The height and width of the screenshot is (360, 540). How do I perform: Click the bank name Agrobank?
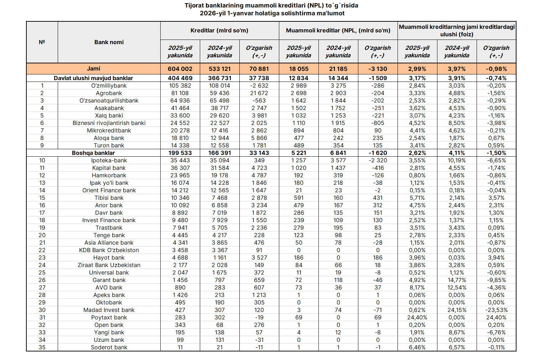click(109, 93)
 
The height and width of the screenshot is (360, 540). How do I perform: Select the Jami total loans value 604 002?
click(180, 69)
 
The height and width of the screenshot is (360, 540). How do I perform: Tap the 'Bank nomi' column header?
click(109, 42)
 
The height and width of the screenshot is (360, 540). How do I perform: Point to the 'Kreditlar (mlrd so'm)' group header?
click(219, 30)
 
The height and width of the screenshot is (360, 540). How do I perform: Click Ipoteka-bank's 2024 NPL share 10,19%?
click(457, 160)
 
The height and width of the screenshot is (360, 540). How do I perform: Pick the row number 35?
click(42, 347)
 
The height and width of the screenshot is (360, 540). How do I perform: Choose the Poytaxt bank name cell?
click(109, 317)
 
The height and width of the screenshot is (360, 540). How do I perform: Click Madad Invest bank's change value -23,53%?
click(496, 310)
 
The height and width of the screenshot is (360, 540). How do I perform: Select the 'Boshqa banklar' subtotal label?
click(93, 153)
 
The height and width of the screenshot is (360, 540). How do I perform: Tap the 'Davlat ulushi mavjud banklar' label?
click(93, 78)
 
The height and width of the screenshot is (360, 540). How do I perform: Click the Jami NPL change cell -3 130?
click(378, 69)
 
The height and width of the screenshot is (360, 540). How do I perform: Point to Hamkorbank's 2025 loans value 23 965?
click(180, 175)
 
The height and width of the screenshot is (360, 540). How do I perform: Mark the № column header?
click(42, 42)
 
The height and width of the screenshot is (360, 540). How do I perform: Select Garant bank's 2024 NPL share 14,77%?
click(457, 280)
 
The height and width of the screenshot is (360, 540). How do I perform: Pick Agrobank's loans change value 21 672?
click(259, 93)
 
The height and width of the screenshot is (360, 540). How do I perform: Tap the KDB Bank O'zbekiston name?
click(109, 250)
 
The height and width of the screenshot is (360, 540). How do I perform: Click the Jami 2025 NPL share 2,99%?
click(417, 69)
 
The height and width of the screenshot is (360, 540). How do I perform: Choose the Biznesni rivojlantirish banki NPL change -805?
click(378, 123)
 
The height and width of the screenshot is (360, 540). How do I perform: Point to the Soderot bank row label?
click(109, 347)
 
